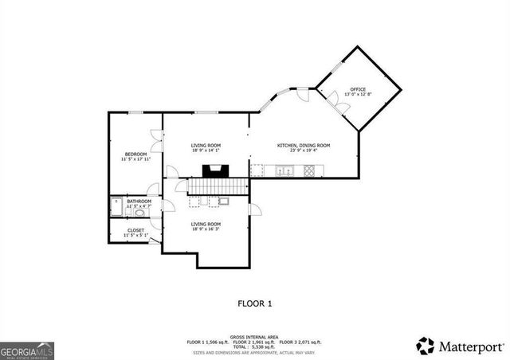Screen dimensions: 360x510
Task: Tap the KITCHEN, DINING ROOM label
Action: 303,145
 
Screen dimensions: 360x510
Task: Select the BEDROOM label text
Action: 135,154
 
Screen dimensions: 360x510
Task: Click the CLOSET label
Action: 135,230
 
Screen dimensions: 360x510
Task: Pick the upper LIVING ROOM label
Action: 205,145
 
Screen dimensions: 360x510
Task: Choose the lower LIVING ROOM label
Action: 205,225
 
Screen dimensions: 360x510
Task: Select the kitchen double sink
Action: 284,170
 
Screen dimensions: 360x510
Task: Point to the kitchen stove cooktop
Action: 309,170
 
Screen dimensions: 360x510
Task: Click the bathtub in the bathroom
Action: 116,205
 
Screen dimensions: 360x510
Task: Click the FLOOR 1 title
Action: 255,303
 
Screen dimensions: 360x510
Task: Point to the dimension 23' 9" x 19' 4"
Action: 303,151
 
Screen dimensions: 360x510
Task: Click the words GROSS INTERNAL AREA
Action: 254,335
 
